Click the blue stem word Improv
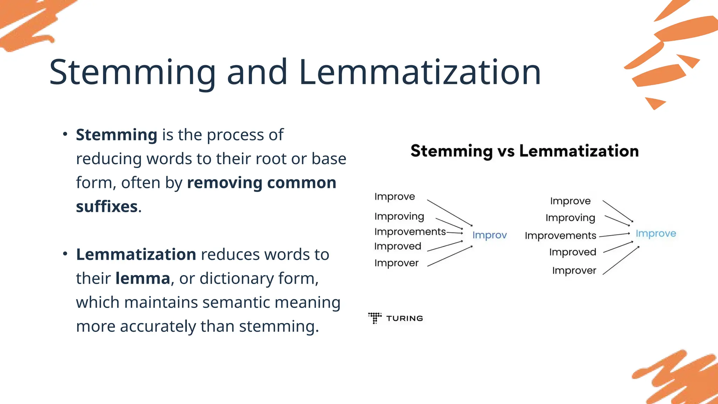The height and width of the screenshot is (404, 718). coord(489,235)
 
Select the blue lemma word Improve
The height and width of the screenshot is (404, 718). coord(656,233)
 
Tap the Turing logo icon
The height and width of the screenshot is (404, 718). coord(375,318)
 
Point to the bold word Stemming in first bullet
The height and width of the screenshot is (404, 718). coord(116,135)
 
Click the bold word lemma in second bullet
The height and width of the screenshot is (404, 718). coord(143,278)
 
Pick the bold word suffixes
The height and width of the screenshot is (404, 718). coord(107,207)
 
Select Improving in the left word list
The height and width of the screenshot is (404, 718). coord(399,216)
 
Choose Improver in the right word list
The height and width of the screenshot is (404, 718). coord(574,270)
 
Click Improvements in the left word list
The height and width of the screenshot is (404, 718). coord(410,231)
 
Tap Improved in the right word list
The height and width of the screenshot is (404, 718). coord(573,252)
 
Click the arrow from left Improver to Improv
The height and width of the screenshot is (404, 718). coord(450,256)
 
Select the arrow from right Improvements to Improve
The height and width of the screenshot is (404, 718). coord(615,235)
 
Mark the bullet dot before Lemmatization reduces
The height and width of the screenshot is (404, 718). coord(65,254)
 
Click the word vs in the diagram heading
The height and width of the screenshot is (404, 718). coord(506,151)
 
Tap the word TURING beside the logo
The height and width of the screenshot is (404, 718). coord(404,318)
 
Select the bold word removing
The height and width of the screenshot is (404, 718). coord(224,183)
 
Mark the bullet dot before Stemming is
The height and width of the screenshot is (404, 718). coord(65,134)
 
